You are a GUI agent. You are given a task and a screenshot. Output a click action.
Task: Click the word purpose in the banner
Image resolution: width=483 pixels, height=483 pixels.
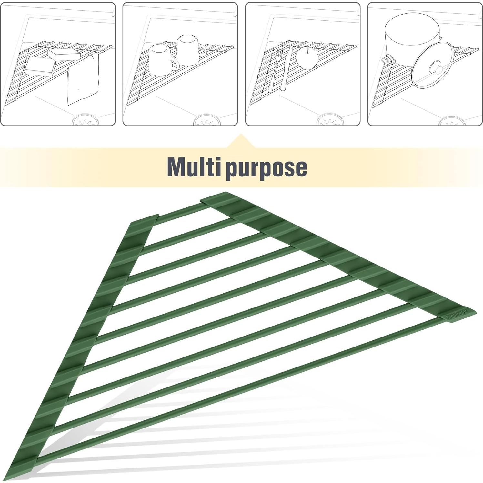point(266,168)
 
